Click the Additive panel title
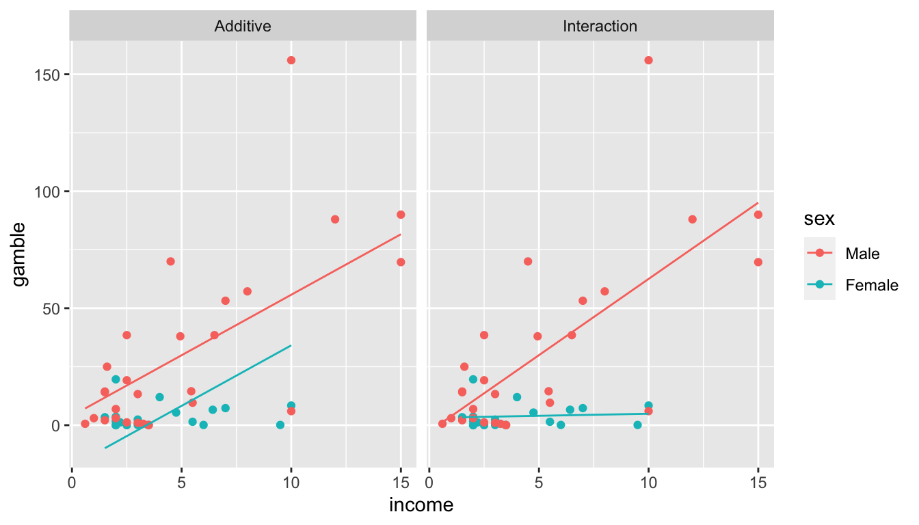[243, 27]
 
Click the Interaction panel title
[600, 27]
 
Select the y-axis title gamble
[21, 254]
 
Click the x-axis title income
[421, 505]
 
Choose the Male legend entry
[862, 254]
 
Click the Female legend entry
[871, 285]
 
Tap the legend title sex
[817, 219]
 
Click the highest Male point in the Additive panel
[291, 60]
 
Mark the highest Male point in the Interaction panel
[648, 60]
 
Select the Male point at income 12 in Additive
[335, 219]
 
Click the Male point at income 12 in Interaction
[692, 219]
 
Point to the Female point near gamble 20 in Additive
[116, 379]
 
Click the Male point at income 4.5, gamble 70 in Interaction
[528, 261]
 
